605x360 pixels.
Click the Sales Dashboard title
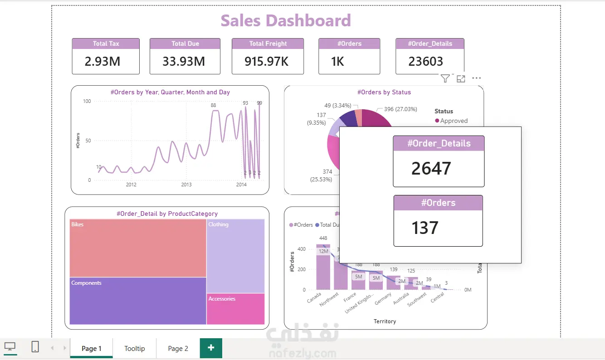click(x=286, y=21)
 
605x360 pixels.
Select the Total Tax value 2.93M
click(x=102, y=61)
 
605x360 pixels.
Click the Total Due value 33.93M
click(x=184, y=61)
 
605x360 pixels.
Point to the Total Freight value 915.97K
click(x=267, y=61)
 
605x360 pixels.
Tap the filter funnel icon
click(x=445, y=79)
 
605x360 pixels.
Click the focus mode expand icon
click(x=461, y=79)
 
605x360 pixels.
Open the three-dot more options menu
click(x=476, y=78)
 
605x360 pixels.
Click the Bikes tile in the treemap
click(x=138, y=248)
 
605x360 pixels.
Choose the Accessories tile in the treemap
click(x=235, y=309)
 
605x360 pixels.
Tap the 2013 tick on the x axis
click(x=186, y=185)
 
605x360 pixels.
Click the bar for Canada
click(x=323, y=268)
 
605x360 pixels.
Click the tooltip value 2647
click(x=431, y=169)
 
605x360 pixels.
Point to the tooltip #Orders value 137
click(x=424, y=228)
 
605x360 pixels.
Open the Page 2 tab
click(x=178, y=348)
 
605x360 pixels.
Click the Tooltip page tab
click(x=135, y=348)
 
